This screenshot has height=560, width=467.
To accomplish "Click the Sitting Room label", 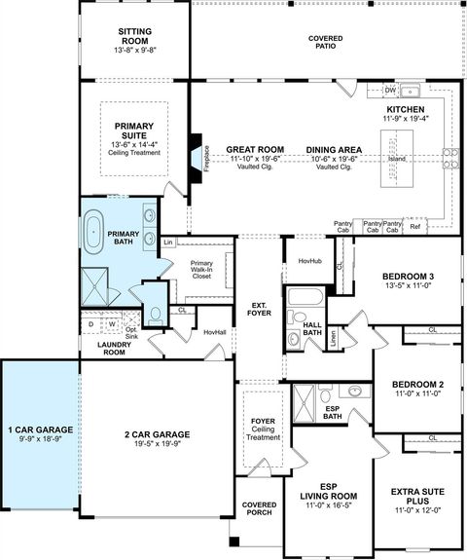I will tap(135, 36).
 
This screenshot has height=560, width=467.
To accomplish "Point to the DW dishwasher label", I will tap(389, 90).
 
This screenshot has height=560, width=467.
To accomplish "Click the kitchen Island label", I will tap(397, 158).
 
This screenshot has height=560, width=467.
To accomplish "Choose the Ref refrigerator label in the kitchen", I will tap(415, 227).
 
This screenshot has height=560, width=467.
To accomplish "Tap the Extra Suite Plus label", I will tap(417, 497).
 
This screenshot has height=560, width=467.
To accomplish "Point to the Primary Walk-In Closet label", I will tap(201, 270).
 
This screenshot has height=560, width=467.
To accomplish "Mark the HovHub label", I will tap(309, 261).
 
